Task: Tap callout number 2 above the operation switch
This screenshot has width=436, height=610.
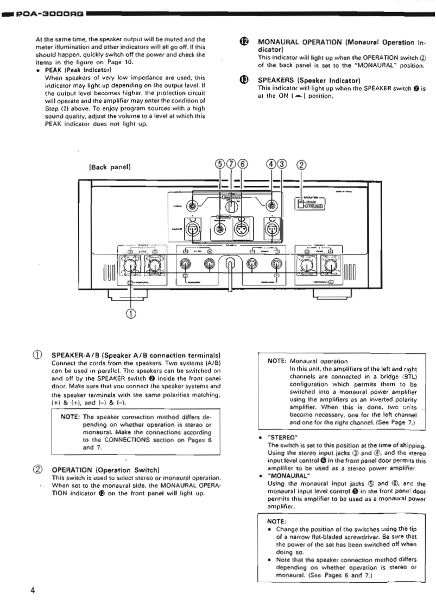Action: point(301,164)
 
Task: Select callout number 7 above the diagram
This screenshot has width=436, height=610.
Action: point(232,164)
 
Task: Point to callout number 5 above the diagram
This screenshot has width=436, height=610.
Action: point(220,164)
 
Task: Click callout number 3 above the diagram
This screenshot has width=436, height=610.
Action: point(281,164)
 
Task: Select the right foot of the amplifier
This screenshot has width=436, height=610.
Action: point(331,294)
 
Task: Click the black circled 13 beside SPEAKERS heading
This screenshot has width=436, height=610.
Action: point(243,80)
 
